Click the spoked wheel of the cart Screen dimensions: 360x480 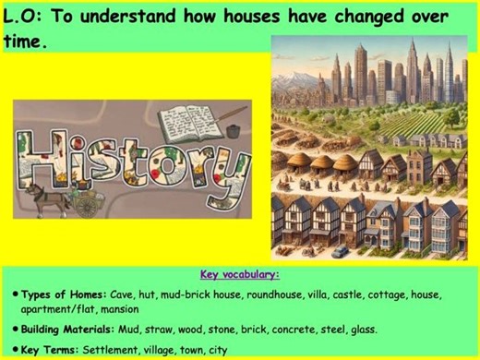pos(84,205)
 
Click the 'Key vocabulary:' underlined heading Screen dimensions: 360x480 pos(240,274)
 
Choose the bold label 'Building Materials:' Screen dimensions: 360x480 pos(77,328)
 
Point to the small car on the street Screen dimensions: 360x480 pos(342,250)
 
